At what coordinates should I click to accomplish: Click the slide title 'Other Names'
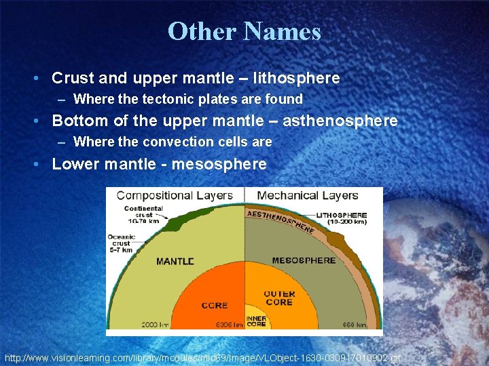coord(244,31)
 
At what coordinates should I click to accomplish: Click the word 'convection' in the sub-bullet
coord(183,142)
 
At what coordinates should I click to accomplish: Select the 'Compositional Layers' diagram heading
coord(175,195)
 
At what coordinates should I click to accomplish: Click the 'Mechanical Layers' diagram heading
coord(307,195)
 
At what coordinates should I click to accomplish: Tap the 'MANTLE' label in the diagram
coord(175,261)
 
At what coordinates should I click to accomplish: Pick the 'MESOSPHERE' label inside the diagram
coord(304,260)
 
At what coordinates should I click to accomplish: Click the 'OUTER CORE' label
coord(279,298)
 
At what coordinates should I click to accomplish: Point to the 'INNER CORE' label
coord(256,321)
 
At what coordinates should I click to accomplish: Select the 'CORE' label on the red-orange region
coord(214,306)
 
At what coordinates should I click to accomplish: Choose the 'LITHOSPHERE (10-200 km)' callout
coord(342,218)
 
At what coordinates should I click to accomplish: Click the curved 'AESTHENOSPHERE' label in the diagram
coord(280,221)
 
